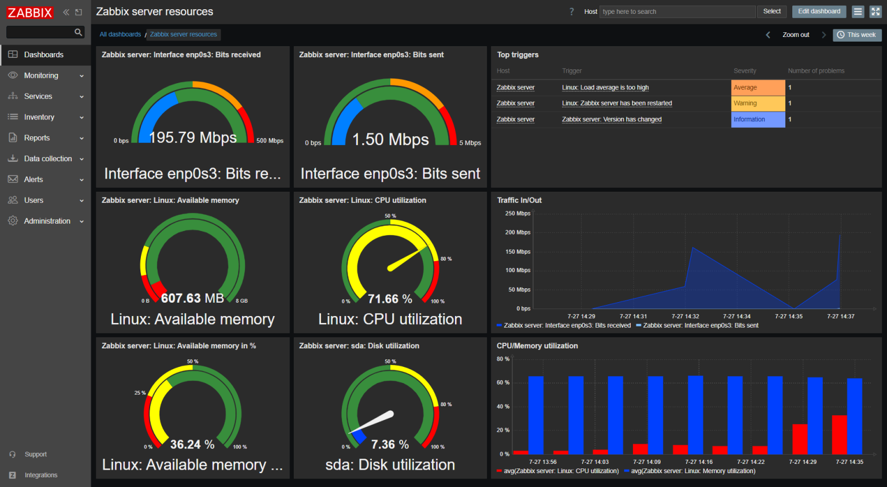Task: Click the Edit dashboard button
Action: pos(819,12)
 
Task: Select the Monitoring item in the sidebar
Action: pos(41,76)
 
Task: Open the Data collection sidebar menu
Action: pos(48,159)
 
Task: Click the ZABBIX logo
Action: pos(30,12)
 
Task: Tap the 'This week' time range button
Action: pos(856,35)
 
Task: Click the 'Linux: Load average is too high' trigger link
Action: pos(605,88)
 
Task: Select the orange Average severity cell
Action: pos(758,88)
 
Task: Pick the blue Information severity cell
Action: pos(758,120)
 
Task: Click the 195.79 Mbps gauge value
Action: pos(193,137)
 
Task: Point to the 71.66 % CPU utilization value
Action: pos(390,299)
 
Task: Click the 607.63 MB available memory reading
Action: pos(192,298)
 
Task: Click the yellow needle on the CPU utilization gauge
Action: pos(407,259)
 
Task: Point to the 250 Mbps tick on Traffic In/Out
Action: pos(517,214)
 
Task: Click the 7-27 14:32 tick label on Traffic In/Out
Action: pos(685,317)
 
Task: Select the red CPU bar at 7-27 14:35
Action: pos(839,434)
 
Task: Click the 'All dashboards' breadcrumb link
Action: pos(120,35)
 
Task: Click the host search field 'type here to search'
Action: pos(677,12)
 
